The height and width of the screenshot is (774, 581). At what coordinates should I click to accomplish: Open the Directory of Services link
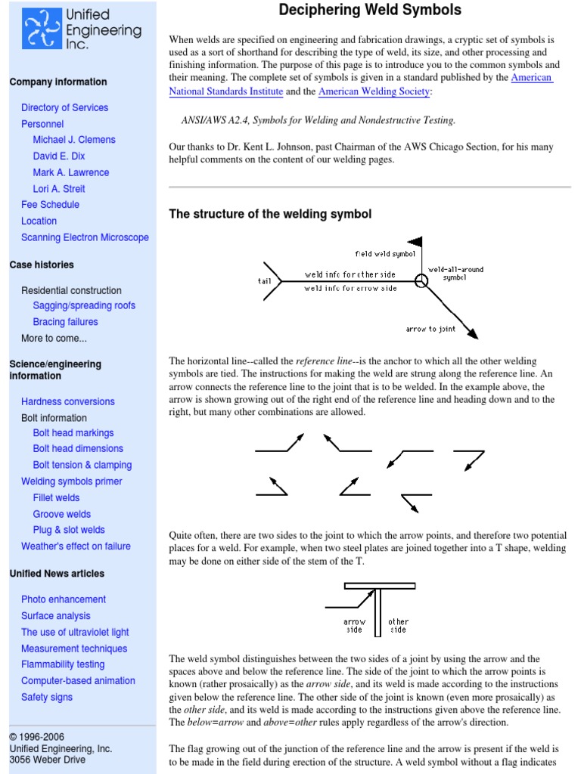pyautogui.click(x=64, y=107)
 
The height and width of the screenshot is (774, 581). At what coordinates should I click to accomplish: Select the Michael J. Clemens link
pyautogui.click(x=74, y=140)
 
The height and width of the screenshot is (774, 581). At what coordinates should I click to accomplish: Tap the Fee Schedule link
pyautogui.click(x=50, y=205)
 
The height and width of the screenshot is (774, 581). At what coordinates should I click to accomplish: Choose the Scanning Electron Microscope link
pyautogui.click(x=85, y=237)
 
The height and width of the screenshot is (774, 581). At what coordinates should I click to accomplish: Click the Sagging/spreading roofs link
pyautogui.click(x=84, y=305)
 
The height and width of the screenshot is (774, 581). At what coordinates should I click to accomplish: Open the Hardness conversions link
pyautogui.click(x=68, y=401)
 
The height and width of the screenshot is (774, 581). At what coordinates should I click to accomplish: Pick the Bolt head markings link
pyautogui.click(x=73, y=433)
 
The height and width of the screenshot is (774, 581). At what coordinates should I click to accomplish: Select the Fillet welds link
pyautogui.click(x=56, y=497)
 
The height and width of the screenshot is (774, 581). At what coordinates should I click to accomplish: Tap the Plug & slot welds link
pyautogui.click(x=69, y=530)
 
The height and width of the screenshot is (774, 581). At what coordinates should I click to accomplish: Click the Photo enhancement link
pyautogui.click(x=64, y=599)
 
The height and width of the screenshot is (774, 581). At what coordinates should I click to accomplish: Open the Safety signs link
pyautogui.click(x=47, y=697)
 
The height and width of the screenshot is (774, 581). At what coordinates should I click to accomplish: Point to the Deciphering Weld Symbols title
pyautogui.click(x=370, y=11)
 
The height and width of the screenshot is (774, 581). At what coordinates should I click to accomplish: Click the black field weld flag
pyautogui.click(x=415, y=243)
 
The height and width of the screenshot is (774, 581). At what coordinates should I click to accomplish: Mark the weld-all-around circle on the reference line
pyautogui.click(x=421, y=281)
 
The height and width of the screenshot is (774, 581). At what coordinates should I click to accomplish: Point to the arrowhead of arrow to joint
pyautogui.click(x=473, y=335)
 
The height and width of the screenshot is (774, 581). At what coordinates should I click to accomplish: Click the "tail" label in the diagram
pyautogui.click(x=264, y=281)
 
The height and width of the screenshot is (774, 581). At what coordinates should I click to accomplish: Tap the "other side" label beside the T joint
pyautogui.click(x=398, y=626)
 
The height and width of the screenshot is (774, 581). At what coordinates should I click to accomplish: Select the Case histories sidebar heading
pyautogui.click(x=42, y=265)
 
